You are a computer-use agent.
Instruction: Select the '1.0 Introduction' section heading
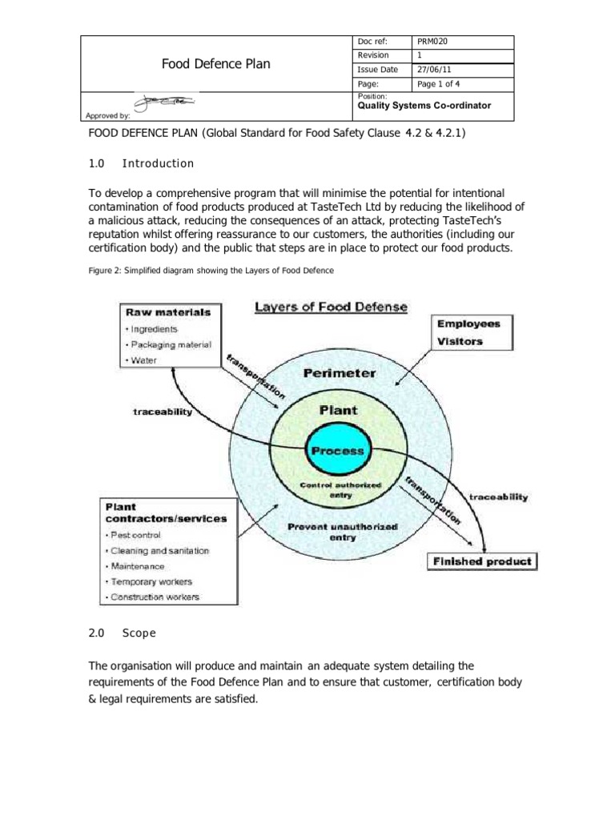coord(141,163)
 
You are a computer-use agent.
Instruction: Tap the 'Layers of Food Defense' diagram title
coord(330,307)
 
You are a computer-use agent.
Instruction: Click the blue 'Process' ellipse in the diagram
coord(336,451)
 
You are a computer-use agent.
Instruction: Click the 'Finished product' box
coord(481,561)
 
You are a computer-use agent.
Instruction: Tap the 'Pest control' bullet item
coord(135,534)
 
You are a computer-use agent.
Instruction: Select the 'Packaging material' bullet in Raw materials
coord(157,344)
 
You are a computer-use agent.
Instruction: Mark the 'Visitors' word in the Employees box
coord(460,340)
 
